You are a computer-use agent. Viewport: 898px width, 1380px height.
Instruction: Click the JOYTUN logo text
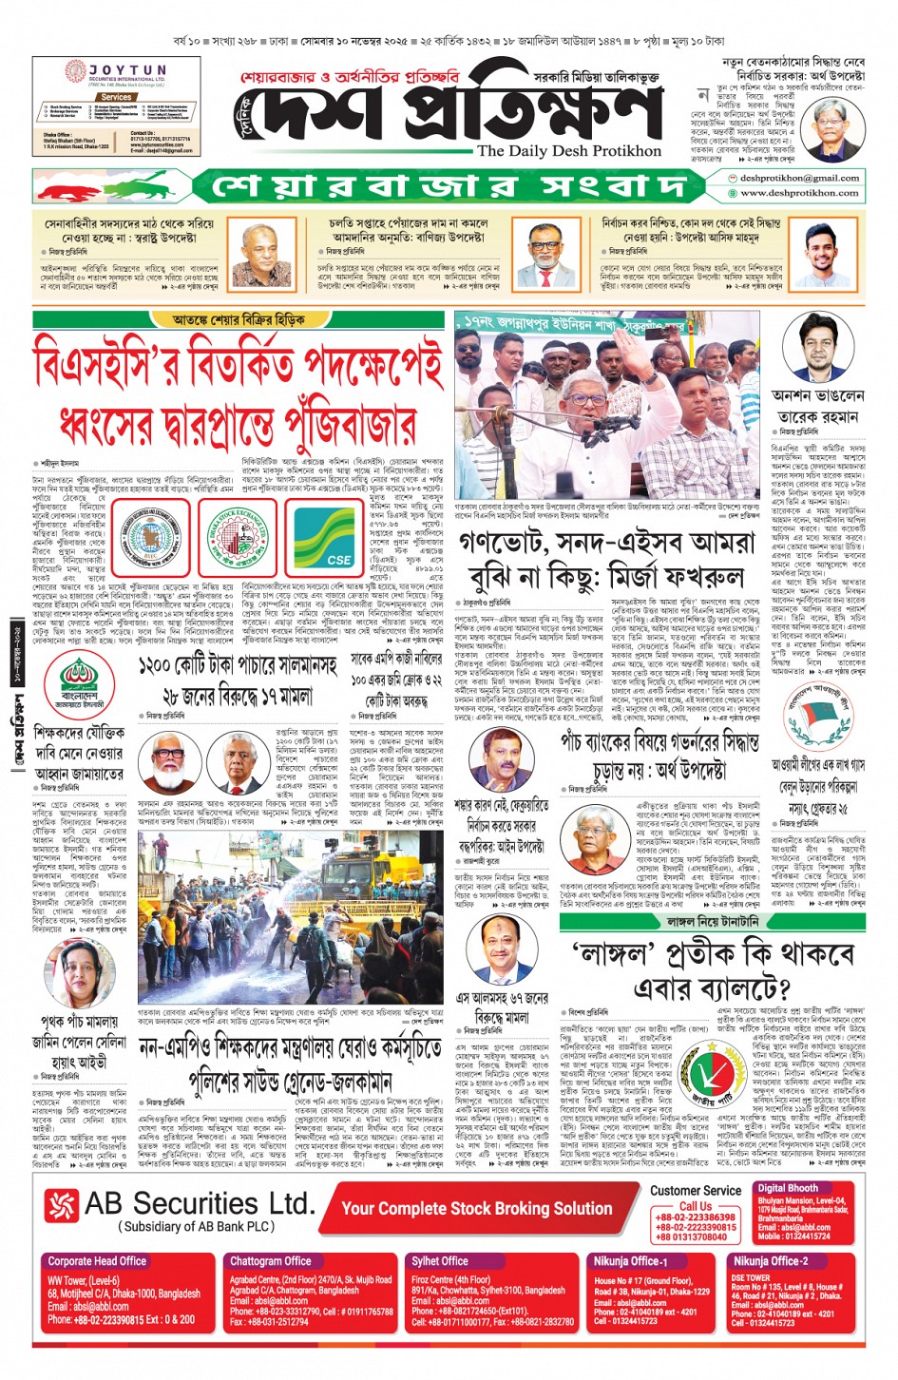tap(127, 71)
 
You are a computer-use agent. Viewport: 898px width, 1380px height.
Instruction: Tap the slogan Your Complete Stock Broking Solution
tap(477, 1208)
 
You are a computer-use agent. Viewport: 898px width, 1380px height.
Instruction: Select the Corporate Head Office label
tap(97, 1260)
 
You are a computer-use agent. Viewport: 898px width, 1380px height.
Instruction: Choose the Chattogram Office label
tap(271, 1260)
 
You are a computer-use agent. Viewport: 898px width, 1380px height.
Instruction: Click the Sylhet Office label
tap(440, 1260)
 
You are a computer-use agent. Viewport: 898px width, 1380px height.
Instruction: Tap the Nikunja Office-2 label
tap(771, 1261)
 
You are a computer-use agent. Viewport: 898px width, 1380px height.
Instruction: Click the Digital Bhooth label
tap(788, 1188)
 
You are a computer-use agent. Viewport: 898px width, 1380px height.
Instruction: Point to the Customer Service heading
tap(696, 1190)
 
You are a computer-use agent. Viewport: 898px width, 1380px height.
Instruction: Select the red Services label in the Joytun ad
tap(116, 97)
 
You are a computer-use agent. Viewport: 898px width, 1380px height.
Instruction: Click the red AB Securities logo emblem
tap(61, 1206)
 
